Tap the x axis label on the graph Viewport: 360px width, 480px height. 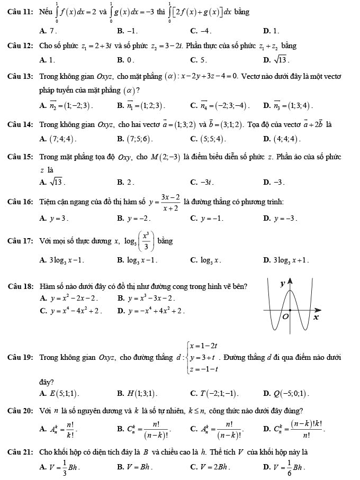(316, 318)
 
